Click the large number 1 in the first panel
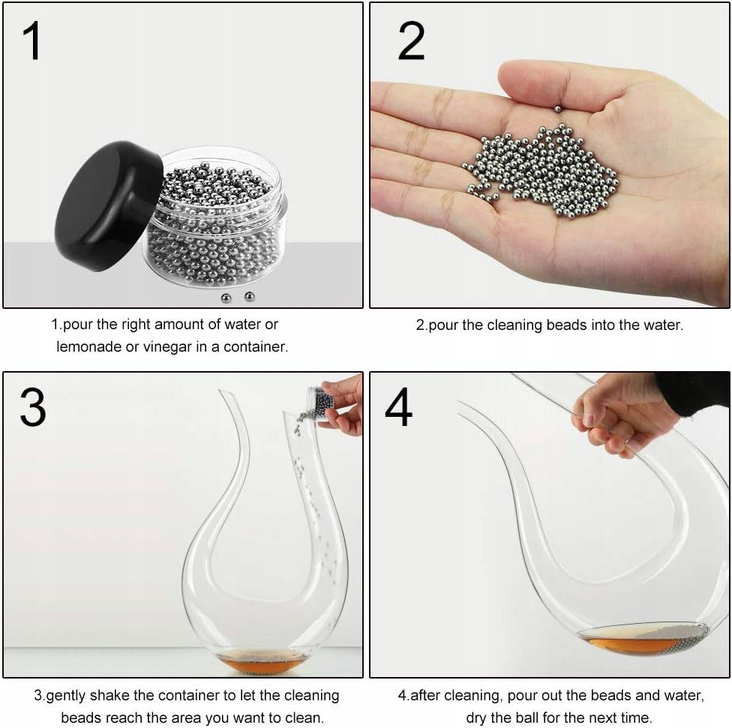[32, 41]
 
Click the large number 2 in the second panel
[411, 41]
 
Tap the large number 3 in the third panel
[33, 408]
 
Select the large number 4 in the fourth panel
[399, 407]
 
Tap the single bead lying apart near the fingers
[557, 109]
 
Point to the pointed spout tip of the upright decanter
[220, 391]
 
